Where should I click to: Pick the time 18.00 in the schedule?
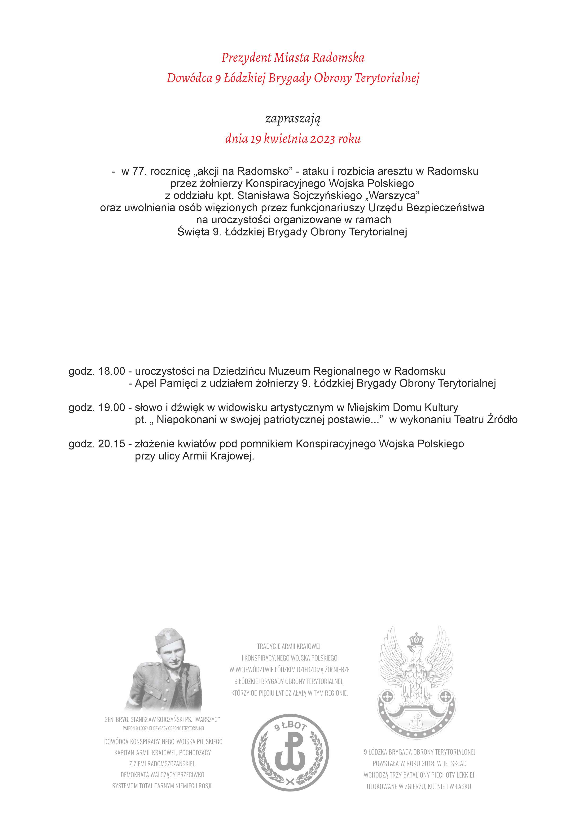point(112,371)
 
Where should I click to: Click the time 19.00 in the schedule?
point(112,408)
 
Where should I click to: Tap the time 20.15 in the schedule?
point(112,444)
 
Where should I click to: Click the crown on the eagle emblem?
point(417,640)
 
